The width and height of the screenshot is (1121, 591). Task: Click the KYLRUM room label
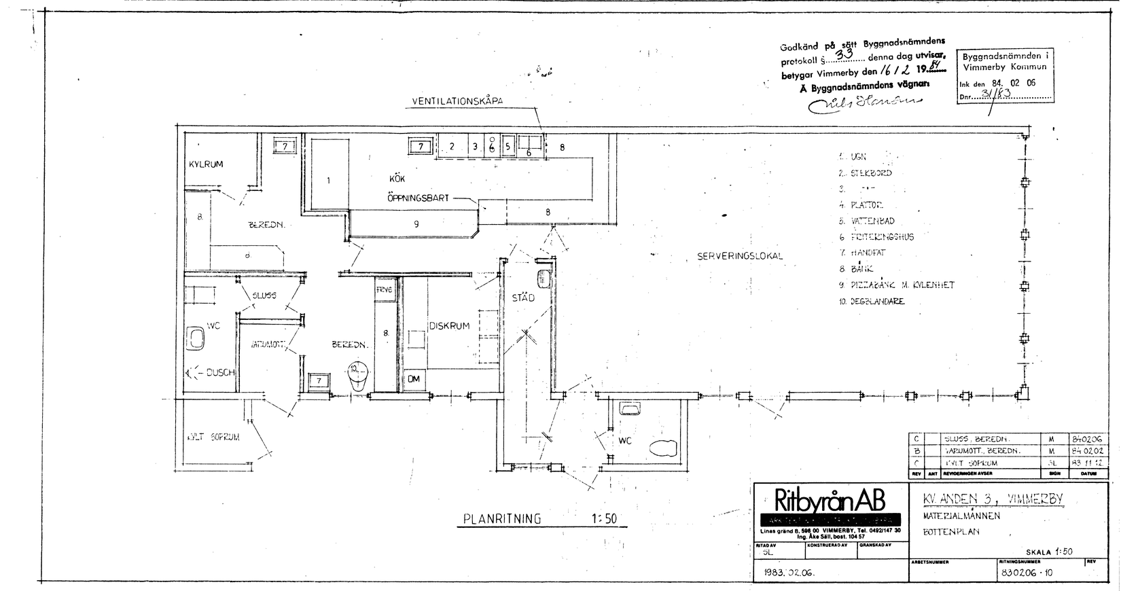tap(206, 164)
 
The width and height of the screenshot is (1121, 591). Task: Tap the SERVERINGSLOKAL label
tap(740, 256)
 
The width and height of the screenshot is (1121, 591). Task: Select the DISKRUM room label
tap(449, 326)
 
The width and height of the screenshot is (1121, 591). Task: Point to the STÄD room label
tap(523, 298)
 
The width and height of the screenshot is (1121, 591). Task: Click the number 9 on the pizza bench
tap(416, 224)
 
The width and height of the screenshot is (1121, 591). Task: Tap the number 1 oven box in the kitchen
tap(328, 181)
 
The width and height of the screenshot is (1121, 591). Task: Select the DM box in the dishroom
tap(414, 380)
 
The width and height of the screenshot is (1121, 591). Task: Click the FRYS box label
tap(385, 289)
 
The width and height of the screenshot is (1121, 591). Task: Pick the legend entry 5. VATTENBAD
tap(866, 221)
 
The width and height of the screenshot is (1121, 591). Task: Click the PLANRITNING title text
tap(502, 519)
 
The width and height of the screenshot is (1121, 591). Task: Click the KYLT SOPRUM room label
tap(213, 437)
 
